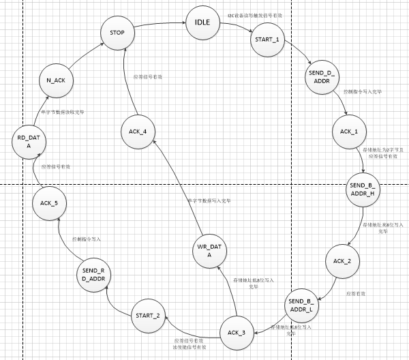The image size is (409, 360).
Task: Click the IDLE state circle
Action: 202,24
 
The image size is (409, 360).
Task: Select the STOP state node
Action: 117,32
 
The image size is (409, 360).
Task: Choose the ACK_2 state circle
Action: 342,261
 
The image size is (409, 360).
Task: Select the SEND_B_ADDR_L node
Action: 301,305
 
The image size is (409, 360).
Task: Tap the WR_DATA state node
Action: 210,250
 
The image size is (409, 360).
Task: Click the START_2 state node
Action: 148,314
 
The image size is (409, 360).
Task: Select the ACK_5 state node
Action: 48,202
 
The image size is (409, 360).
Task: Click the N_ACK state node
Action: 55,80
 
